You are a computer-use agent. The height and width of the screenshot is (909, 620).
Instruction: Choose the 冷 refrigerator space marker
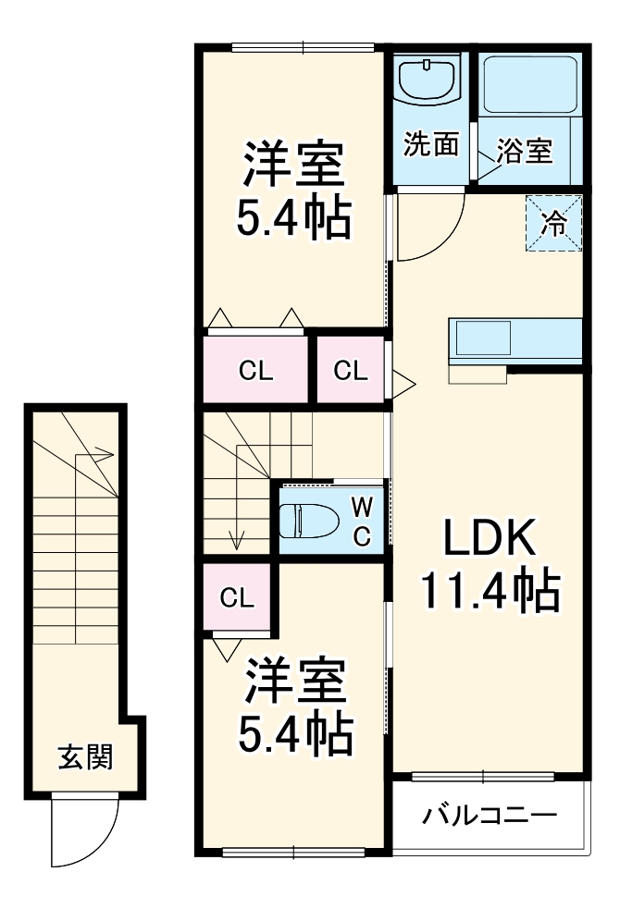pyautogui.click(x=554, y=223)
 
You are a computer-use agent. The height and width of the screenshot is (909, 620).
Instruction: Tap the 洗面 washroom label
pyautogui.click(x=431, y=144)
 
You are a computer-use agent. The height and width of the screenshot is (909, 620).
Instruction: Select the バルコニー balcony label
pyautogui.click(x=490, y=816)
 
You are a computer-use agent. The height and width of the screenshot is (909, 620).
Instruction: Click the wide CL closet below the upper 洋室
pyautogui.click(x=255, y=371)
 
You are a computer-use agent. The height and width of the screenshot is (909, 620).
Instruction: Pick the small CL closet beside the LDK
pyautogui.click(x=351, y=371)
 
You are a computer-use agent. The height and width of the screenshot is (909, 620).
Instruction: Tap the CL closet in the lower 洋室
pyautogui.click(x=237, y=597)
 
